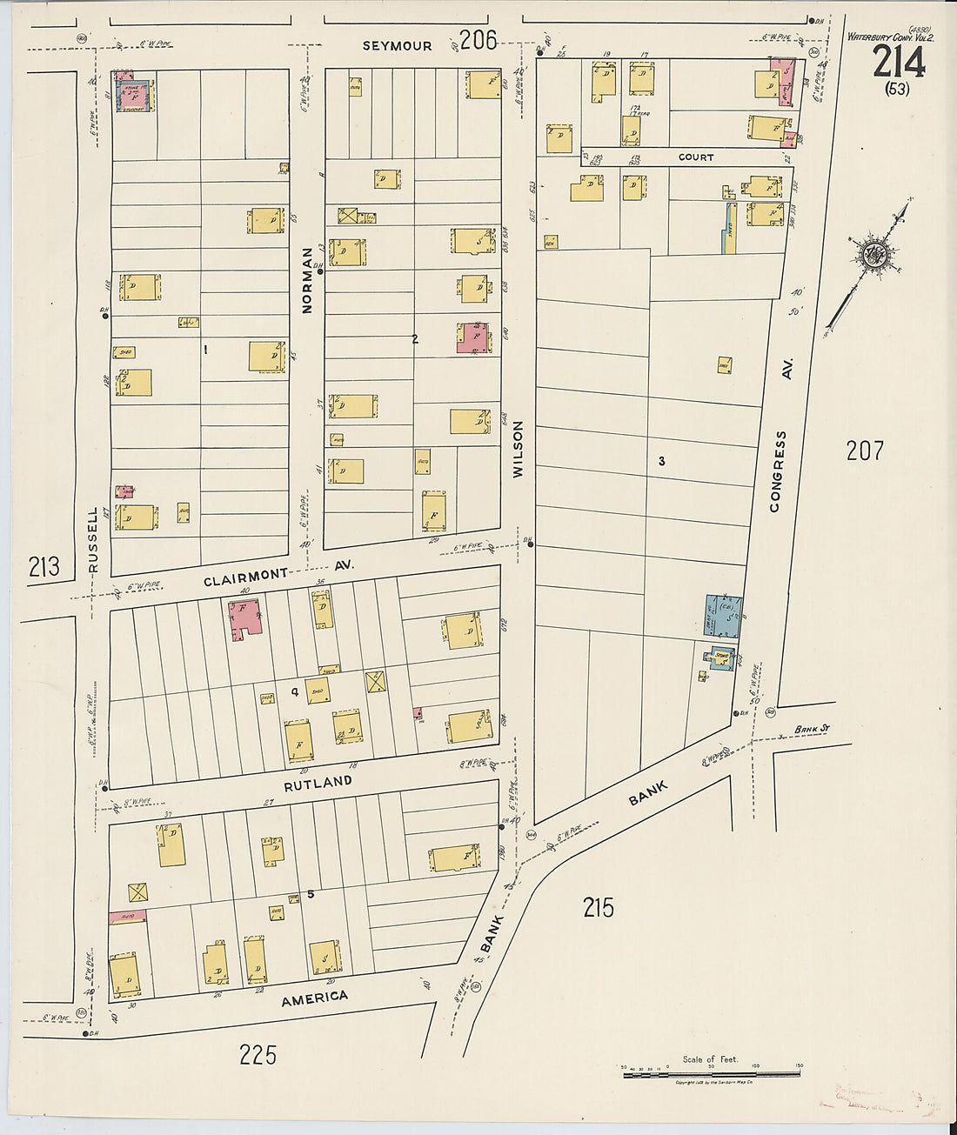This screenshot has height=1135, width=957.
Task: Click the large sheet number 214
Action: tap(898, 63)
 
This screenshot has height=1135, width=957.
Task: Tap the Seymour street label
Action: tap(397, 46)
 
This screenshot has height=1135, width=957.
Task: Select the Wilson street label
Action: tap(519, 450)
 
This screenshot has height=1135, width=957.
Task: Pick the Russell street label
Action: tap(94, 540)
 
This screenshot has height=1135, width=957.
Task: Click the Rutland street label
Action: tap(318, 783)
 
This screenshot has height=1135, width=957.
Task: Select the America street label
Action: tap(314, 999)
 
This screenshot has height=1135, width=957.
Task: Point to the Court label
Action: tap(695, 157)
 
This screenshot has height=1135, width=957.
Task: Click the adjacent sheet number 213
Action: tap(43, 567)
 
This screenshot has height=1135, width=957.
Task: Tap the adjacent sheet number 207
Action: tap(865, 451)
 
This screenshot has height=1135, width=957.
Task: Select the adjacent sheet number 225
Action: tap(258, 1055)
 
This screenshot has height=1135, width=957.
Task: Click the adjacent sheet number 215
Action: tap(598, 908)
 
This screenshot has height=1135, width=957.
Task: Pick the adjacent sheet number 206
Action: tap(478, 39)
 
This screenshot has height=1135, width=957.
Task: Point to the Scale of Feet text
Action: tap(710, 1059)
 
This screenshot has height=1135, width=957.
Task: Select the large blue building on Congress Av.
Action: tap(724, 616)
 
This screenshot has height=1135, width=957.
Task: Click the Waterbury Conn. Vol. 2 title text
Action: tap(890, 37)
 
